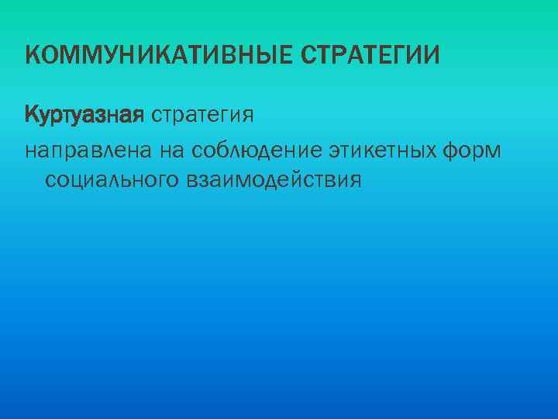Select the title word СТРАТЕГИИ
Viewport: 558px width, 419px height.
tap(370, 55)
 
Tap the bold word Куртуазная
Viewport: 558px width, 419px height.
tap(84, 116)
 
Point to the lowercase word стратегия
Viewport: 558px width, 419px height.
tap(203, 116)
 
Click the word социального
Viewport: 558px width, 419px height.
tap(112, 180)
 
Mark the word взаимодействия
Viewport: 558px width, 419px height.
tap(274, 180)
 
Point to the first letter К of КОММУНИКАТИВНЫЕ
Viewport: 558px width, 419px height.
tap(32, 55)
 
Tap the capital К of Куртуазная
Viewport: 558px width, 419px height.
tap(32, 116)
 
